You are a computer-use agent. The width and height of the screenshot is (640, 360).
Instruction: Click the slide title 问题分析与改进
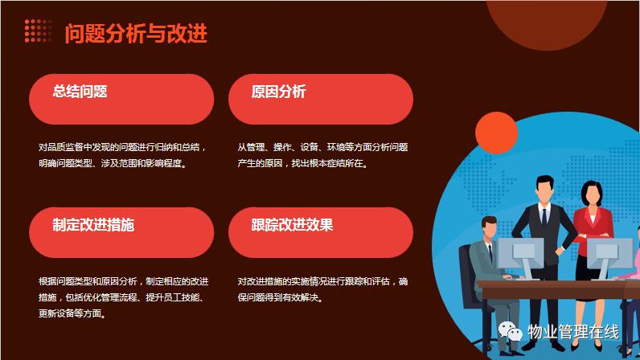pos(136,34)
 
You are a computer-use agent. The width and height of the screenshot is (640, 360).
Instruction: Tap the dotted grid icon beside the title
pos(38,31)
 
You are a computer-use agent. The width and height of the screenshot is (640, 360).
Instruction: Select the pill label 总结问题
pos(80,92)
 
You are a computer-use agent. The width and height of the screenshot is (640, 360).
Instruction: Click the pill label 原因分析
pos(279,92)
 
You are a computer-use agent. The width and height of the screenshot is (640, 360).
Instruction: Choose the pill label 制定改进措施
pos(93,225)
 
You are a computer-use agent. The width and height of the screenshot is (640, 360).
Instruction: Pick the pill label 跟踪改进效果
pos(292,225)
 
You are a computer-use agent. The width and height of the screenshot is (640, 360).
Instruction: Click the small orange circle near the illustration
pos(496,133)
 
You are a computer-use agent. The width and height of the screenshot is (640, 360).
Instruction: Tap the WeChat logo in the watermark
pos(511,331)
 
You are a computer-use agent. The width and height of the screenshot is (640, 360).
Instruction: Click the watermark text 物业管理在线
pos(573,332)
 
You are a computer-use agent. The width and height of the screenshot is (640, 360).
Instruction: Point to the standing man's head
pos(545,189)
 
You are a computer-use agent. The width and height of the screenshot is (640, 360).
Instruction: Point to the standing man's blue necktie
pos(544,219)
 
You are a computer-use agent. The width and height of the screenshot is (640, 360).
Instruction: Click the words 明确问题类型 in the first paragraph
pos(65,163)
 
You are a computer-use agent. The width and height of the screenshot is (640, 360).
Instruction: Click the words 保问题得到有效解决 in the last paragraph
pos(281,297)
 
